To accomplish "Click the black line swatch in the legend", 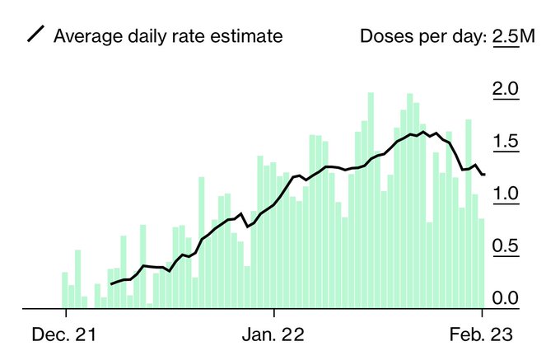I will [x=35, y=35].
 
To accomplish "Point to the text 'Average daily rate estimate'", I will [x=167, y=36].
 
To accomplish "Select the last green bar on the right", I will [x=482, y=264].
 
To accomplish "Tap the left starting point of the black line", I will [x=111, y=283].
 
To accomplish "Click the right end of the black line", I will [x=484, y=175].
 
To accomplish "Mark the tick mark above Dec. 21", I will [x=65, y=314].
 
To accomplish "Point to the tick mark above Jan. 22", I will [x=273, y=314].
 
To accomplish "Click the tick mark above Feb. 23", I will [x=482, y=314].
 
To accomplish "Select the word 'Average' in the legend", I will [x=83, y=36].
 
